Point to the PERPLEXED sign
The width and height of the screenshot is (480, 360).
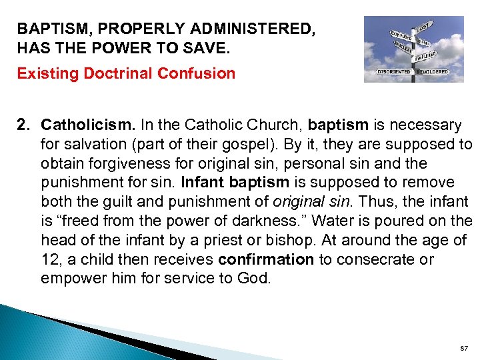[x=426, y=57]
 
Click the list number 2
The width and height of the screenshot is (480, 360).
[x=24, y=125]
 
